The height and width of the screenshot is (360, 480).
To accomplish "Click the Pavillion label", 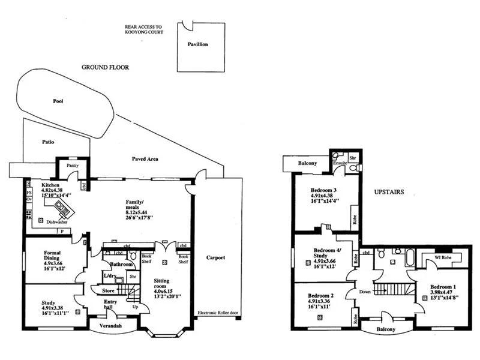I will (x=197, y=44).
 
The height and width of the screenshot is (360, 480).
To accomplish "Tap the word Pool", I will (x=58, y=101).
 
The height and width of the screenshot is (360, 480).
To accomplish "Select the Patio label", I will (x=49, y=143).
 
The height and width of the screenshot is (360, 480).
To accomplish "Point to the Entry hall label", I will (x=111, y=304).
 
